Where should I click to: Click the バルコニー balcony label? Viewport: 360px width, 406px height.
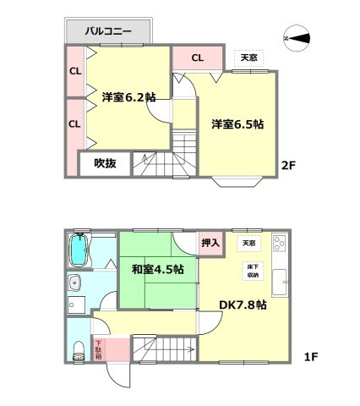tap(108, 31)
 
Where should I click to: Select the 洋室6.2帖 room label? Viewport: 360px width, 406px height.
tap(128, 96)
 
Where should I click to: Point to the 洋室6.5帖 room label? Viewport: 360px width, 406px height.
tap(237, 123)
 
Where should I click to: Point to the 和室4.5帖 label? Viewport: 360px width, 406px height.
tap(158, 271)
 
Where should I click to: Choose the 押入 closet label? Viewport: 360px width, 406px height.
tap(211, 244)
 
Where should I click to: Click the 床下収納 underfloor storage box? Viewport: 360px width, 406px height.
tap(253, 272)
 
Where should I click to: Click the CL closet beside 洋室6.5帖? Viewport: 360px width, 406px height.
tap(197, 58)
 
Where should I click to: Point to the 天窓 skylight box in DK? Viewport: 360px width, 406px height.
tap(248, 244)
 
